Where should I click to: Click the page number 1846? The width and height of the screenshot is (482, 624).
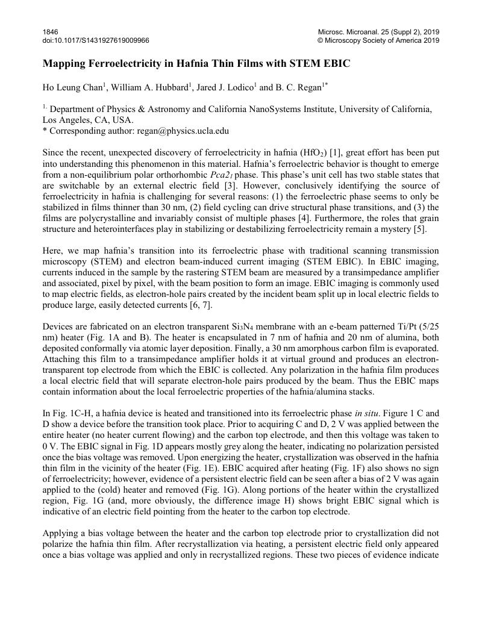49,31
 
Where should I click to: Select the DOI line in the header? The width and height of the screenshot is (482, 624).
96,40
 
